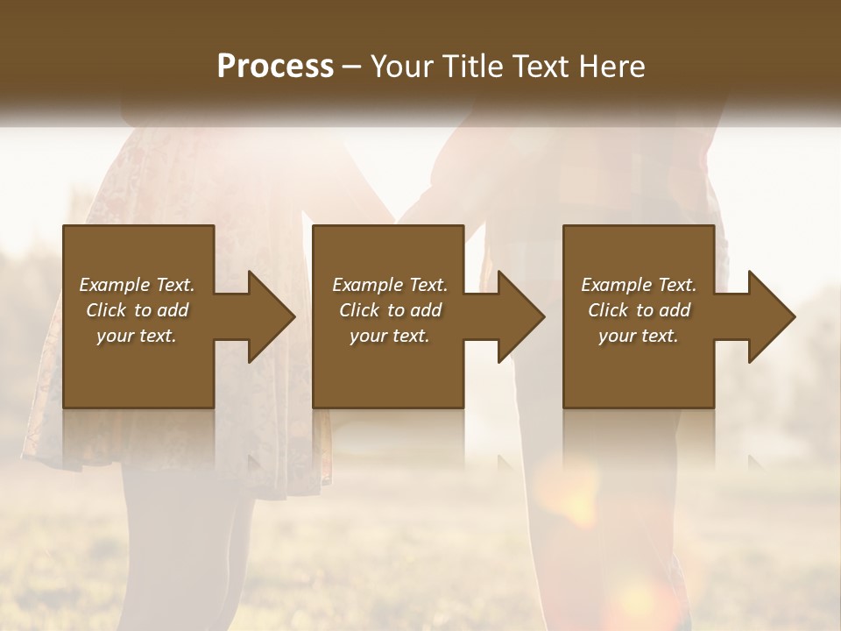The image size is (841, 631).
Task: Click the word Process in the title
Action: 275,67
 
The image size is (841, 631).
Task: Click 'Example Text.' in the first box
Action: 137,285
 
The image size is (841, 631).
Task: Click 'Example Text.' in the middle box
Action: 389,285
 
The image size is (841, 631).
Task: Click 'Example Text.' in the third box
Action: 639,285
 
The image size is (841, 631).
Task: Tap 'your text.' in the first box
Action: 137,336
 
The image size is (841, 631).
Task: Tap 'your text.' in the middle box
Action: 389,336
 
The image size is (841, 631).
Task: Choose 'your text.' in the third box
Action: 639,336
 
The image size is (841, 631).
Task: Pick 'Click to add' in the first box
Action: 137,310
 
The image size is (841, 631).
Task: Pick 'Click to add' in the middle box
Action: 389,310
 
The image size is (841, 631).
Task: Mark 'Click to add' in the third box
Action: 639,310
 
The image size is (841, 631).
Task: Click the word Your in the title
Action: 399,67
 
